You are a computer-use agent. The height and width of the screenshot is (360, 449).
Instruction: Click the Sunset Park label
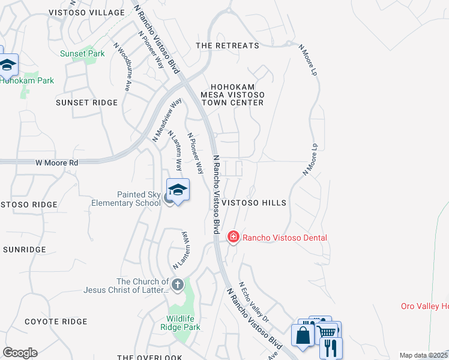(82, 54)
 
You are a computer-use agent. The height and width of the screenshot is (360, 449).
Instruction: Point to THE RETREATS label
(228, 46)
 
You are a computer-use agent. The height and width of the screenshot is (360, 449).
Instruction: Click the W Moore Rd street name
(57, 163)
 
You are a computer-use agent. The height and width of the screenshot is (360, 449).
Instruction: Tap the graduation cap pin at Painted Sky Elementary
(178, 190)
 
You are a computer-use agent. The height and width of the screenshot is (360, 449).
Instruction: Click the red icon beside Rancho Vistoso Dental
(232, 238)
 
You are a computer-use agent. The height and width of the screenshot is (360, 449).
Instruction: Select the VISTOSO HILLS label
(255, 203)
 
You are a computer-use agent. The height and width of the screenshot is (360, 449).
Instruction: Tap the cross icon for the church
(177, 284)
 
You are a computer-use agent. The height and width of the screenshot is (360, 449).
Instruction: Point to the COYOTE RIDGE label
(56, 322)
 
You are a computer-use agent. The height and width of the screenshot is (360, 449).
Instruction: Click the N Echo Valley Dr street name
(251, 300)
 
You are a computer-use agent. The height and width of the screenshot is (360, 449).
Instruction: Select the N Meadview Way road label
(167, 120)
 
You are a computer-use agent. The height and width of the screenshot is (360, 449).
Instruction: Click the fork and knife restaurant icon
(330, 347)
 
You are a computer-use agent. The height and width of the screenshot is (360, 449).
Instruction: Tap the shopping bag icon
(303, 334)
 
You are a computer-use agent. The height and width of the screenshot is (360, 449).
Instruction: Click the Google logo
(20, 353)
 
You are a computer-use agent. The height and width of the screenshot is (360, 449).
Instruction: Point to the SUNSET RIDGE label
(86, 103)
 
